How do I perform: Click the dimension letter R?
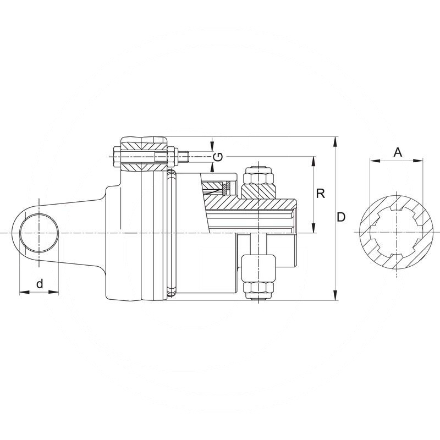click(322, 194)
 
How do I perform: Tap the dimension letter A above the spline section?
click(398, 152)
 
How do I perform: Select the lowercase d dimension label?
click(39, 284)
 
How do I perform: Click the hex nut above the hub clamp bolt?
click(257, 175)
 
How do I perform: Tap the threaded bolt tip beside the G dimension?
click(185, 156)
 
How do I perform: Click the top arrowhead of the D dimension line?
click(335, 141)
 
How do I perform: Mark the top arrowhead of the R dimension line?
click(313, 160)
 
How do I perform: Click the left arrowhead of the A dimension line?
click(373, 161)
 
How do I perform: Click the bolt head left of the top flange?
click(116, 156)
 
